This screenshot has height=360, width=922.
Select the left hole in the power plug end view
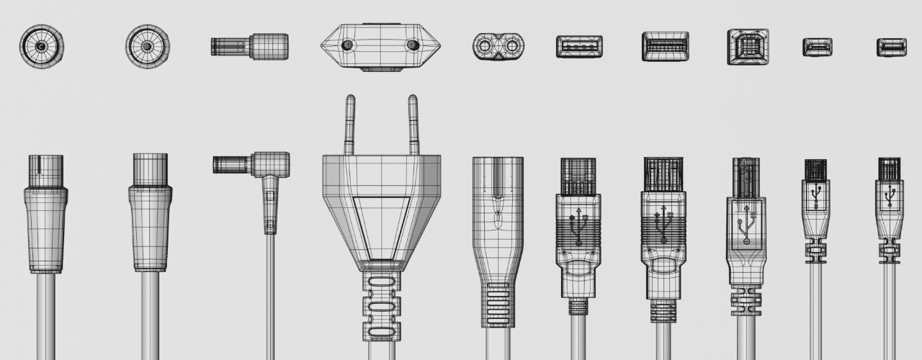point(349,45)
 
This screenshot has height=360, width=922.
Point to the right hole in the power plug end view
point(412,45)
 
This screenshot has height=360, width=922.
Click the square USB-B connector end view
point(748,47)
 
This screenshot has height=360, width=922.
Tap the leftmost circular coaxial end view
point(42,46)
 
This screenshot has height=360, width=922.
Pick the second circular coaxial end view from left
point(148,46)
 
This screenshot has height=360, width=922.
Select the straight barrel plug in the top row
point(249,47)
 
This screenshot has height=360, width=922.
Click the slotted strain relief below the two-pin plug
point(380,306)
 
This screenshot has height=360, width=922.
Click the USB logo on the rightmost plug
point(890,195)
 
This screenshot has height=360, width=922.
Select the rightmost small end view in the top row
point(891,47)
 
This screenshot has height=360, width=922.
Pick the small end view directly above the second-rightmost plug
point(818,47)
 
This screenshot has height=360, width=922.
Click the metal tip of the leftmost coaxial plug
point(45,171)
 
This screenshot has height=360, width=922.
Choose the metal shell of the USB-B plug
point(746,176)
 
